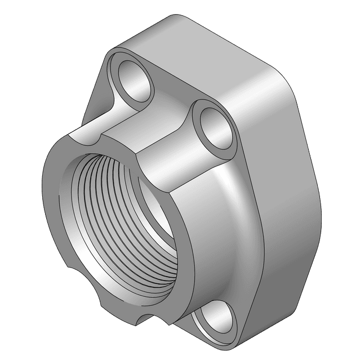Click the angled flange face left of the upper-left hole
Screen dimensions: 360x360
[96, 90]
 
